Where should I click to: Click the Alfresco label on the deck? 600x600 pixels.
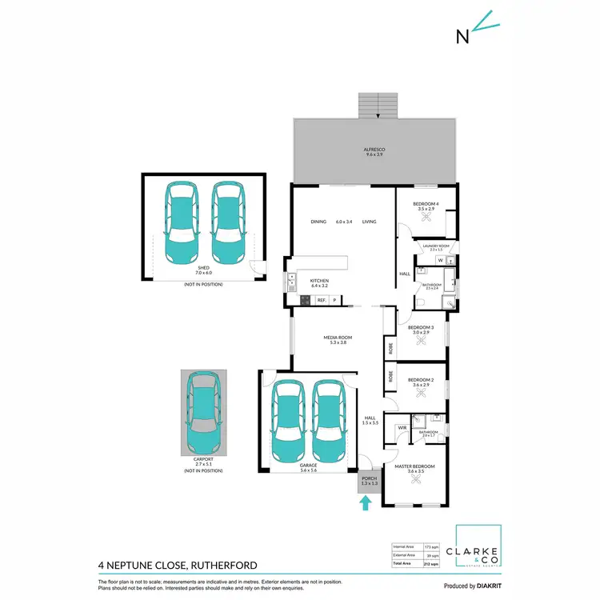point(375,151)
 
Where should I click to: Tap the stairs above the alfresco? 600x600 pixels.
point(378,106)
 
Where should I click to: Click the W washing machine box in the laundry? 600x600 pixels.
point(440,259)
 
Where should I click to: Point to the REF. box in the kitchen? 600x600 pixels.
point(321,300)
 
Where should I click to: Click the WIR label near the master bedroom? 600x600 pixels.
point(402,428)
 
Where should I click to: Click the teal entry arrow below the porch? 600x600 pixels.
point(366,503)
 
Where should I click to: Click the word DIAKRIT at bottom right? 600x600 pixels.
point(483,586)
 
